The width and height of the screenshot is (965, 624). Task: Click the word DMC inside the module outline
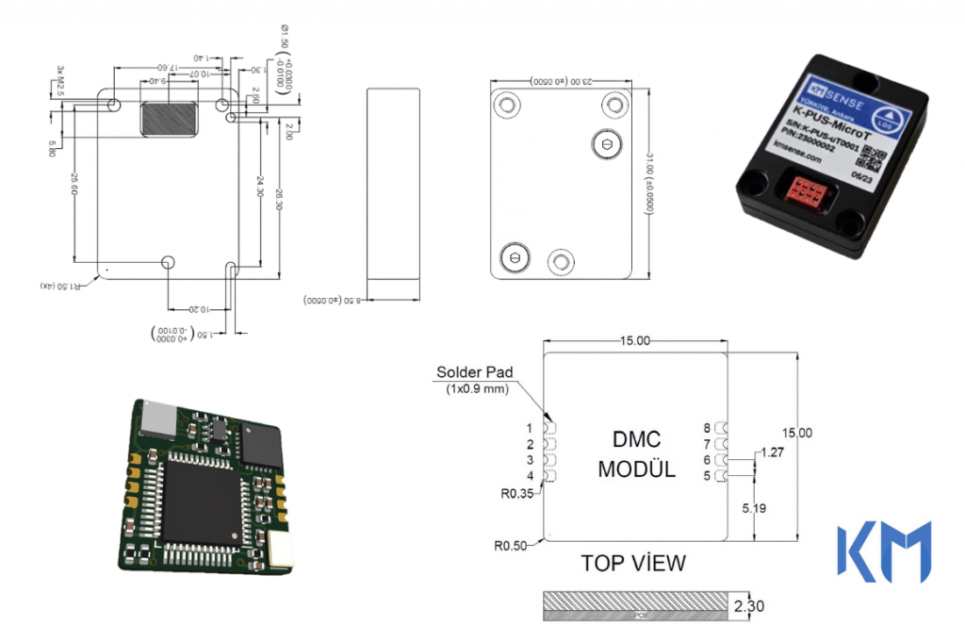[636, 439]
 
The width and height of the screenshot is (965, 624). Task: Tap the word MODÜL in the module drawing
[636, 468]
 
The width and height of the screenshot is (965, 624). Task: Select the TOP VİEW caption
[633, 563]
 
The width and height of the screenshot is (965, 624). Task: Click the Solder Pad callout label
[475, 372]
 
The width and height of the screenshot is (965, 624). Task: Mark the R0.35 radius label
[516, 492]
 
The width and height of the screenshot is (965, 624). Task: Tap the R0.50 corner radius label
[514, 545]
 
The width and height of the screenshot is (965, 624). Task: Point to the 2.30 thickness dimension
[749, 606]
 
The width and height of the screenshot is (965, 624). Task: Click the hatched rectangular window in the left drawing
[170, 118]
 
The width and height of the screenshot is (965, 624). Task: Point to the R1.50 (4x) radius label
[62, 285]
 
